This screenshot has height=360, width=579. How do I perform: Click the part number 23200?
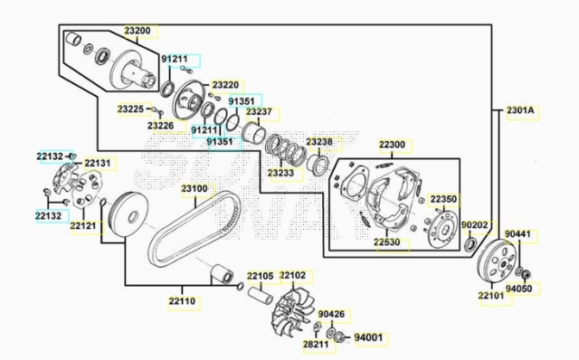138,31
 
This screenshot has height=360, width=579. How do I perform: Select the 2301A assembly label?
520,110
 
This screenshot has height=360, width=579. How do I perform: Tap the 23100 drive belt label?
195,189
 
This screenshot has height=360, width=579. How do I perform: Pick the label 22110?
182,301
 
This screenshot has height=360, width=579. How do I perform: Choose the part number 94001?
368,337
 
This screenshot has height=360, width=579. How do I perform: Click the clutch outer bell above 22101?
496,261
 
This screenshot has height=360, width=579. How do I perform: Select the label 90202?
474,225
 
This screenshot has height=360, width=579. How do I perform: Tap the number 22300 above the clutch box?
392,145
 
